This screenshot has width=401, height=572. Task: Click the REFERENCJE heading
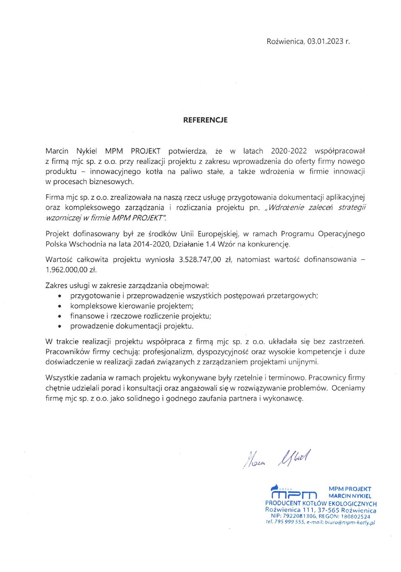click(x=205, y=120)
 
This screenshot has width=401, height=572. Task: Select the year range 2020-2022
click(x=289, y=151)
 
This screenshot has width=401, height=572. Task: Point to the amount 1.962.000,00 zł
click(x=71, y=270)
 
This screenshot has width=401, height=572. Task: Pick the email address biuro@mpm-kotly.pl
click(x=350, y=522)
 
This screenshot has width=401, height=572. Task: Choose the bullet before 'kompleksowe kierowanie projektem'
click(x=60, y=306)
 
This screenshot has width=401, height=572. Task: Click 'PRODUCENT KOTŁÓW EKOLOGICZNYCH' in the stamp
click(x=321, y=504)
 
